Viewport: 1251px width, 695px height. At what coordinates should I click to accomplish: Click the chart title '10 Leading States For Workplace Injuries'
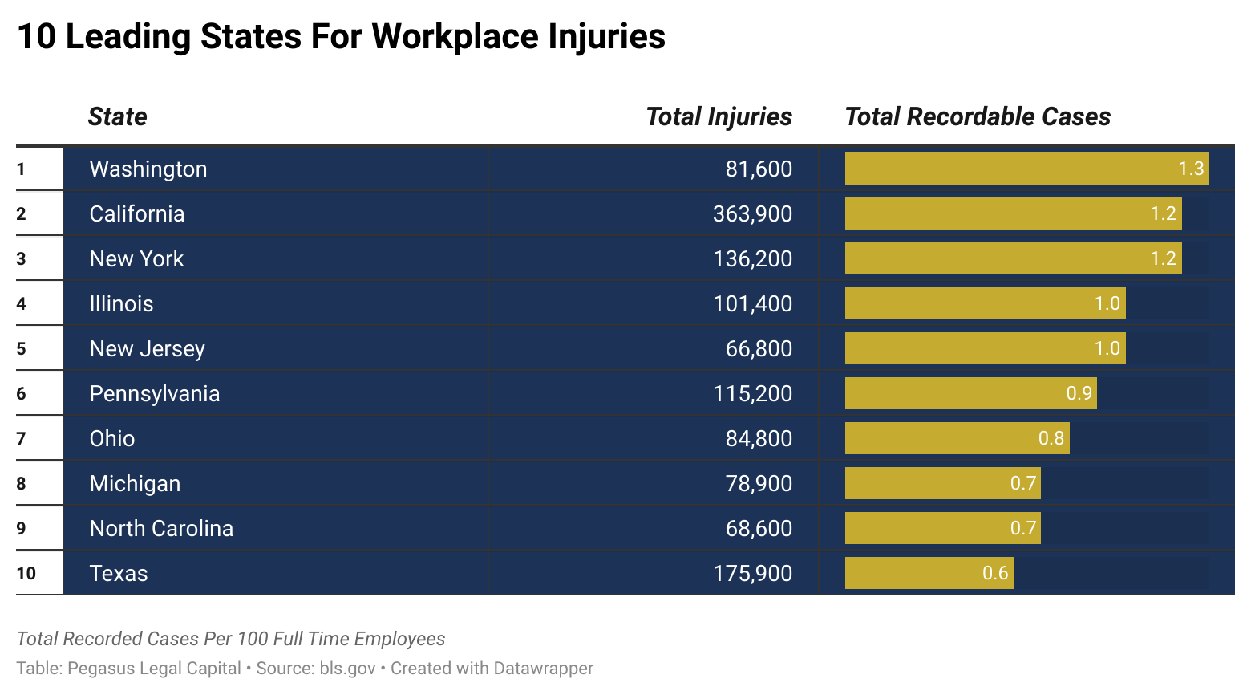pyautogui.click(x=341, y=37)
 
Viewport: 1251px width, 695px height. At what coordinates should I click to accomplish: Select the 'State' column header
pyautogui.click(x=117, y=116)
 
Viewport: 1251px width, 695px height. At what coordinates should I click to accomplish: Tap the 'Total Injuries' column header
pyautogui.click(x=719, y=116)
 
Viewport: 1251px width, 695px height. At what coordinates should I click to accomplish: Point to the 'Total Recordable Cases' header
pyautogui.click(x=978, y=116)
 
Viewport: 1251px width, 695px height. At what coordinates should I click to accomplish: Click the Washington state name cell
pyautogui.click(x=148, y=169)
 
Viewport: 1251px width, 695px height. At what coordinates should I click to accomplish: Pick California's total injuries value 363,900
pyautogui.click(x=752, y=213)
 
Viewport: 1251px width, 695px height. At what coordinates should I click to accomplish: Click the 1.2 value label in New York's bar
pyautogui.click(x=1163, y=258)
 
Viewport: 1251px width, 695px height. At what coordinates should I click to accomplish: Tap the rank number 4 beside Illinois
pyautogui.click(x=21, y=303)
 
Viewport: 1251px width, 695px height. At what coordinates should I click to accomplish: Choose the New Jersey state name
pyautogui.click(x=148, y=348)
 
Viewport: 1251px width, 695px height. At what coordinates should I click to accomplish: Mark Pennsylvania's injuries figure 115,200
pyautogui.click(x=752, y=393)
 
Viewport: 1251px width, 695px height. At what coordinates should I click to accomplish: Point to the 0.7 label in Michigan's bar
pyautogui.click(x=1023, y=483)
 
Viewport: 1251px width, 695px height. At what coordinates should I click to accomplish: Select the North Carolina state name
pyautogui.click(x=161, y=528)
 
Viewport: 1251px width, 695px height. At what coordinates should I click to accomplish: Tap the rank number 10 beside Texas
pyautogui.click(x=26, y=573)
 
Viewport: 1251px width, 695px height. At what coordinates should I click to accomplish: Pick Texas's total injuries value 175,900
pyautogui.click(x=752, y=573)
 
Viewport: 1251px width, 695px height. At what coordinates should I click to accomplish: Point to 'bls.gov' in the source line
pyautogui.click(x=347, y=668)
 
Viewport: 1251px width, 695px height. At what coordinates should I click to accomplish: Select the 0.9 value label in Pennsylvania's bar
pyautogui.click(x=1079, y=393)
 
